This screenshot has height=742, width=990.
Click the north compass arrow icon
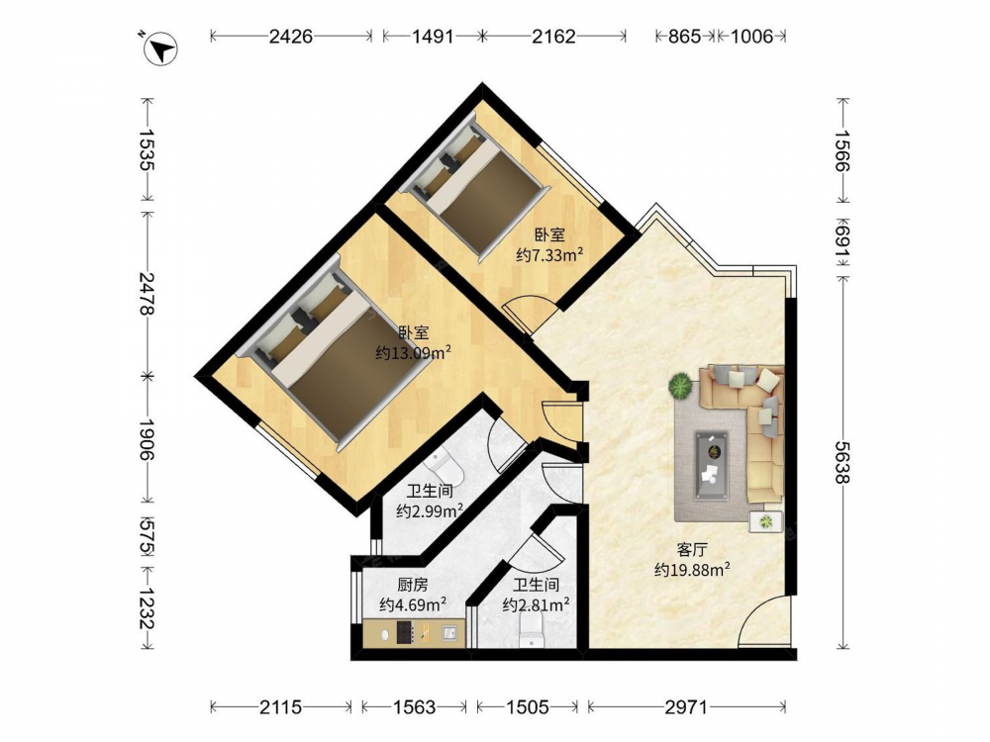click(161, 48)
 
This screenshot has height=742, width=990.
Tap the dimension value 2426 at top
click(290, 36)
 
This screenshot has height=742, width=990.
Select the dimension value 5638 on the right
click(842, 462)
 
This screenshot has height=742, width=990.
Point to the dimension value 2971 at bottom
click(686, 707)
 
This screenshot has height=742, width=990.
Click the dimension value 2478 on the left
click(148, 294)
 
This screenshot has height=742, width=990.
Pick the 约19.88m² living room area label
click(693, 570)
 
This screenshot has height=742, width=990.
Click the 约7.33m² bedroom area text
click(549, 255)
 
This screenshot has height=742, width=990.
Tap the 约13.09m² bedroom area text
click(413, 353)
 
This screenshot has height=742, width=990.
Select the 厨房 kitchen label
click(412, 585)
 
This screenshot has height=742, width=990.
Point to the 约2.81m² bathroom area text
click(536, 605)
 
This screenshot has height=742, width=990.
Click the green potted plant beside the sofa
click(681, 386)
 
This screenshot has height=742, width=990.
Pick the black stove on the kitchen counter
click(405, 632)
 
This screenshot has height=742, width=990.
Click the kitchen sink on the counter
click(449, 632)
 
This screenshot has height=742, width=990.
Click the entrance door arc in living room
click(763, 620)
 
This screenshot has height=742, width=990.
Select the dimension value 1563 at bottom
click(414, 707)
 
